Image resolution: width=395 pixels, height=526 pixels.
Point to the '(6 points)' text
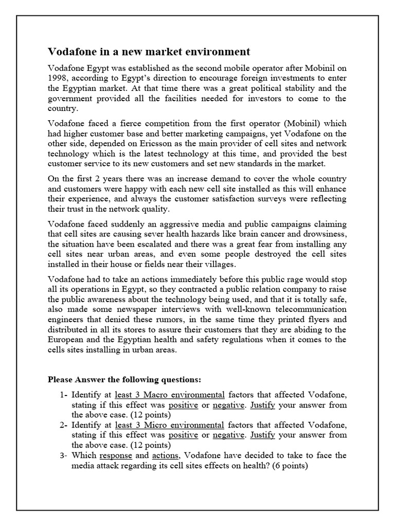(287, 465)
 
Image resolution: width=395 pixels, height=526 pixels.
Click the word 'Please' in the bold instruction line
(61, 380)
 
